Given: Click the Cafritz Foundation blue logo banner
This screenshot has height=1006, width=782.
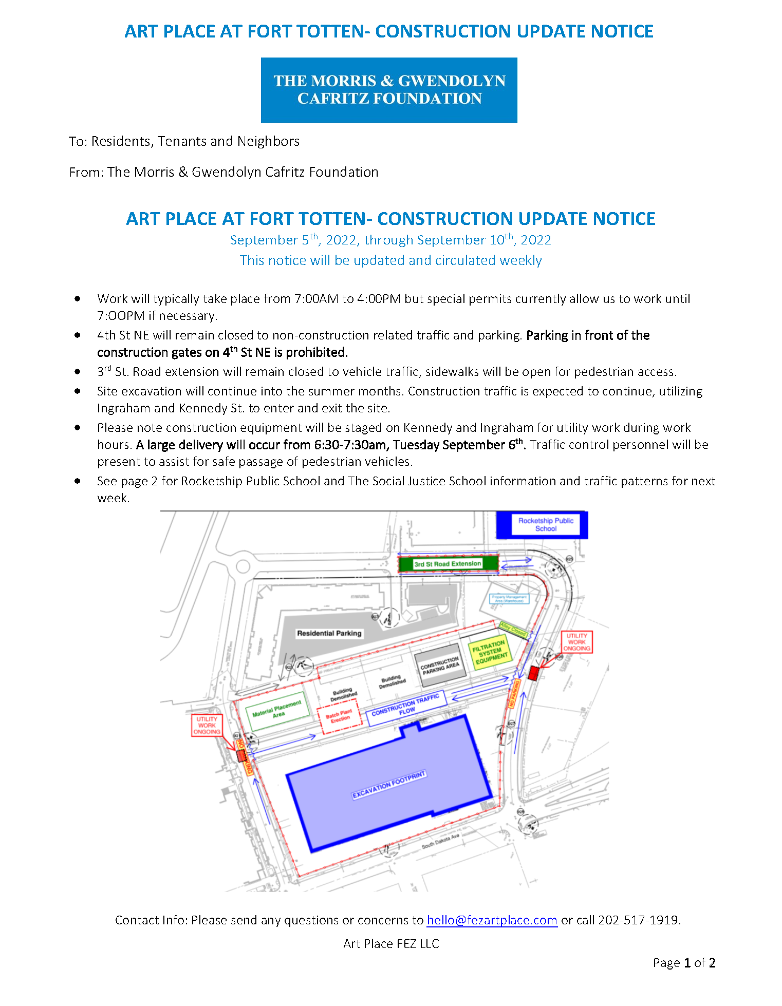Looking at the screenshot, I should click(x=389, y=90).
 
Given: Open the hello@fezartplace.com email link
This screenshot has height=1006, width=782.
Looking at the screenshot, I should click(x=492, y=920).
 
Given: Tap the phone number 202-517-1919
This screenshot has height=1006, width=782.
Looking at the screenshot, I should click(x=638, y=920).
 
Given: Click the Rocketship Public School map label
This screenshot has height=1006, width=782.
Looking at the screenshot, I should click(x=545, y=524).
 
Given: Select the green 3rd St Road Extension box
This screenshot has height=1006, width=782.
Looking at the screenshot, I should click(x=448, y=564).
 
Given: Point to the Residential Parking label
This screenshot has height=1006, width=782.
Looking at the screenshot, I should click(x=329, y=633).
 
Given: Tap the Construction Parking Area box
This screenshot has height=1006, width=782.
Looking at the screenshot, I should click(x=440, y=666).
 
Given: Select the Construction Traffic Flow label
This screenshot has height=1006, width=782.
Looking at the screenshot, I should click(x=406, y=708).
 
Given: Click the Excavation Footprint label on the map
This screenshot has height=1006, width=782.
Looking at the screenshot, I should click(x=389, y=785).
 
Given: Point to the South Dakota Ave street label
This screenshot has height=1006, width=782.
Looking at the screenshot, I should click(x=440, y=841).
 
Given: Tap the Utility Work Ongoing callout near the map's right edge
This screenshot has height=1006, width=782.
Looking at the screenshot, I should click(x=576, y=642).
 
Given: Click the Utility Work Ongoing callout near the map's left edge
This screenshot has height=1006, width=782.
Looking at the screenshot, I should click(x=207, y=725).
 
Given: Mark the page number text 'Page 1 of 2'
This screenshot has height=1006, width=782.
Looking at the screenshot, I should click(x=684, y=962).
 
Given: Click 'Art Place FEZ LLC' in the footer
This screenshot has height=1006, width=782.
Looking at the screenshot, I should click(x=391, y=943).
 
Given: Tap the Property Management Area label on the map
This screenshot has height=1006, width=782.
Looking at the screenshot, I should click(x=509, y=599).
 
